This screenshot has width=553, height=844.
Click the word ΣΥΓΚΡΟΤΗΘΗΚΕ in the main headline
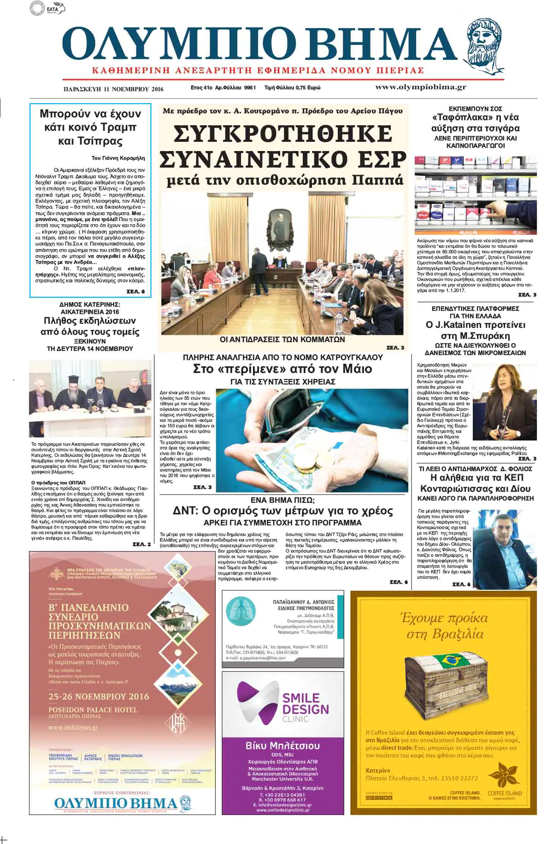pos(282,134)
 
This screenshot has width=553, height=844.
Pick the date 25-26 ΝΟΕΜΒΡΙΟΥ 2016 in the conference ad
pos(99,696)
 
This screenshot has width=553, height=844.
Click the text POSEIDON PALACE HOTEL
pos(93,710)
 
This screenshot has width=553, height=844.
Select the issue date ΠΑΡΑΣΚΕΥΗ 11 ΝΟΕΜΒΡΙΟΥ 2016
pos(113,89)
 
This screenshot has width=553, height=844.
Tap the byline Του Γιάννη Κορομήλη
pos(118,158)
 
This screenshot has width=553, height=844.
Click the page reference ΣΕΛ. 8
pos(135,291)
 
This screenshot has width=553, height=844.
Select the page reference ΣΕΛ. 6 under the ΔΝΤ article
pos(399,582)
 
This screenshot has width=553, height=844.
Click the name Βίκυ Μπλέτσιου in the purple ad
pos(282,745)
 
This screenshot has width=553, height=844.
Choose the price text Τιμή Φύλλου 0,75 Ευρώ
pos(292,87)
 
